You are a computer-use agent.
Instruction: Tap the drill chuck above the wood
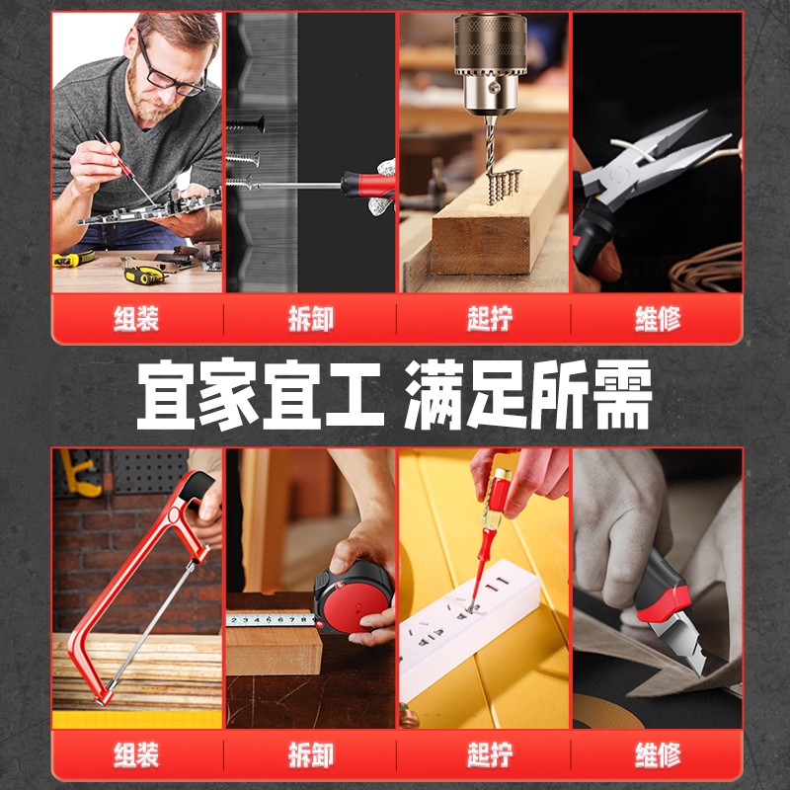[x=490, y=63]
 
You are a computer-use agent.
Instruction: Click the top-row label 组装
[x=136, y=319]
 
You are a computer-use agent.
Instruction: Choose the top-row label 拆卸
[x=311, y=319]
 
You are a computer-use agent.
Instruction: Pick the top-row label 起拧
[x=490, y=319]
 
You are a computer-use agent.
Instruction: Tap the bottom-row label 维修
[x=658, y=754]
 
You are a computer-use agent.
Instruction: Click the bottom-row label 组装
[x=136, y=754]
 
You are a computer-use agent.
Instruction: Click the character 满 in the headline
[x=434, y=394]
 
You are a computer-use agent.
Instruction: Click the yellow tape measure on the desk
[x=144, y=275]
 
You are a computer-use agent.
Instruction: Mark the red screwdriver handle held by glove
[x=367, y=185]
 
